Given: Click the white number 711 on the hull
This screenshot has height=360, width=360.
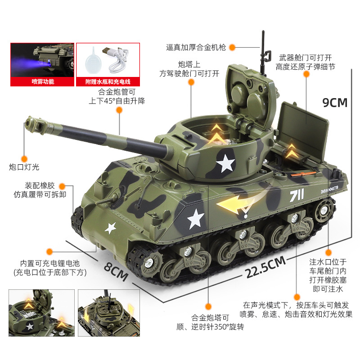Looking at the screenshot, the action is (297, 195).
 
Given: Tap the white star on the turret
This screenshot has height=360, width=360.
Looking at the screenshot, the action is (225, 163).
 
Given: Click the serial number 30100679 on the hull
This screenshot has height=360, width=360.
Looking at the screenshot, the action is (329, 189).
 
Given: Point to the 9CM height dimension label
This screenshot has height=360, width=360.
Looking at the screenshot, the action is (335, 103).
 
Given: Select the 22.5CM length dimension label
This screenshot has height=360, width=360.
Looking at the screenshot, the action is (265, 267).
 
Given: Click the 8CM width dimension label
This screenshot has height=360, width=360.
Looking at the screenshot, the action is (116, 272).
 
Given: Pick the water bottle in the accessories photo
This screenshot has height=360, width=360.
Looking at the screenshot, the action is (93, 60).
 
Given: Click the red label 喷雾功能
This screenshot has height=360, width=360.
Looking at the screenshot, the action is (43, 81).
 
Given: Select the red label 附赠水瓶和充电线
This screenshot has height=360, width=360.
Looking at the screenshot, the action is (108, 82).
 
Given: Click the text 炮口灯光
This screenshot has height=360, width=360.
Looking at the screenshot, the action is (24, 167).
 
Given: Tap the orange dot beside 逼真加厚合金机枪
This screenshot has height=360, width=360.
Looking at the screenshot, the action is (232, 47).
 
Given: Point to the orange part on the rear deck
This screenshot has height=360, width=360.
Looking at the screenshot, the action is (303, 174).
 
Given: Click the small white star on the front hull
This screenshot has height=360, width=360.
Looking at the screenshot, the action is (110, 228).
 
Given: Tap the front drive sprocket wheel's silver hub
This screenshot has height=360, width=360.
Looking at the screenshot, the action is (149, 262).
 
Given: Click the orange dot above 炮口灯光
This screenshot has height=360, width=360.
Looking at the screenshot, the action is (24, 159).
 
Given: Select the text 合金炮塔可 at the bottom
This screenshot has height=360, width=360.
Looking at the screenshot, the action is (210, 318).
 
